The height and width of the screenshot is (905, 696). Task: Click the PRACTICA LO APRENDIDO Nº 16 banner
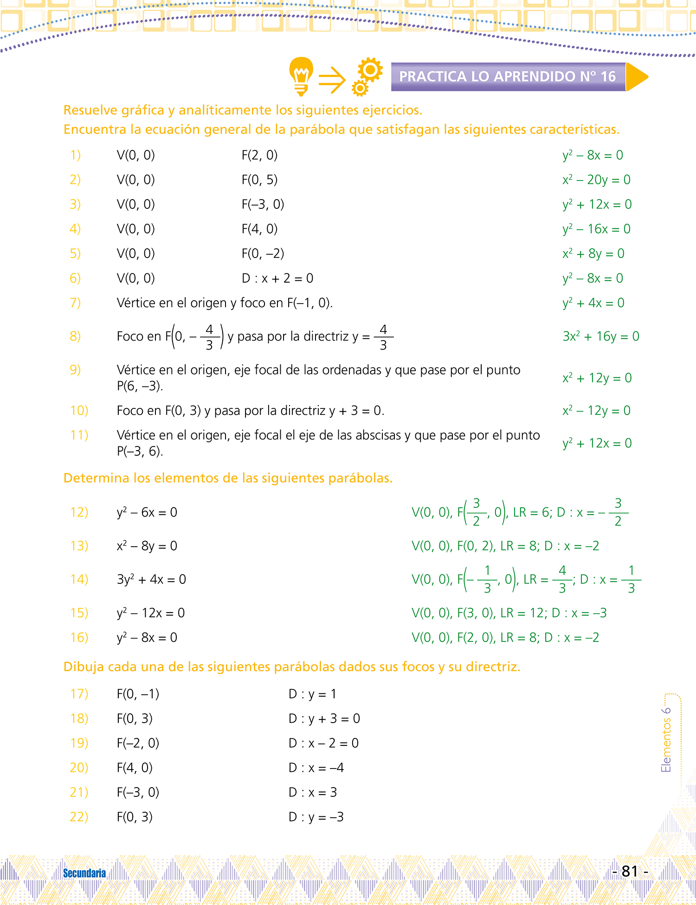pyautogui.click(x=508, y=77)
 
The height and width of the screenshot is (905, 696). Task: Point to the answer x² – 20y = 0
pyautogui.click(x=596, y=180)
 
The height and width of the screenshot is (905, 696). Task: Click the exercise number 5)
pyautogui.click(x=75, y=253)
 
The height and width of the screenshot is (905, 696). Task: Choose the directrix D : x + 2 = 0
pyautogui.click(x=277, y=278)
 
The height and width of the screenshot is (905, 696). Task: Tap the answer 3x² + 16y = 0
pyautogui.click(x=601, y=336)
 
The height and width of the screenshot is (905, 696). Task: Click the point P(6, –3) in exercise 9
pyautogui.click(x=140, y=386)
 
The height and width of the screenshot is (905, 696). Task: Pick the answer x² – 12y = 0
pyautogui.click(x=596, y=411)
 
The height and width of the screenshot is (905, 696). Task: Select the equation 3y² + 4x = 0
pyautogui.click(x=151, y=579)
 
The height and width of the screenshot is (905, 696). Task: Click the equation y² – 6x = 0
pyautogui.click(x=147, y=512)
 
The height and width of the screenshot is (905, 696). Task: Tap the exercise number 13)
pyautogui.click(x=79, y=546)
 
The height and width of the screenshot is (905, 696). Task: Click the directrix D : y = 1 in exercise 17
pyautogui.click(x=312, y=694)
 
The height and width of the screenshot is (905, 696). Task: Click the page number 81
pyautogui.click(x=630, y=872)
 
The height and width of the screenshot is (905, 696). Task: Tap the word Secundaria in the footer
pyautogui.click(x=84, y=873)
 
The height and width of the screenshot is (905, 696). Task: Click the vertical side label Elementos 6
pyautogui.click(x=666, y=740)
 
